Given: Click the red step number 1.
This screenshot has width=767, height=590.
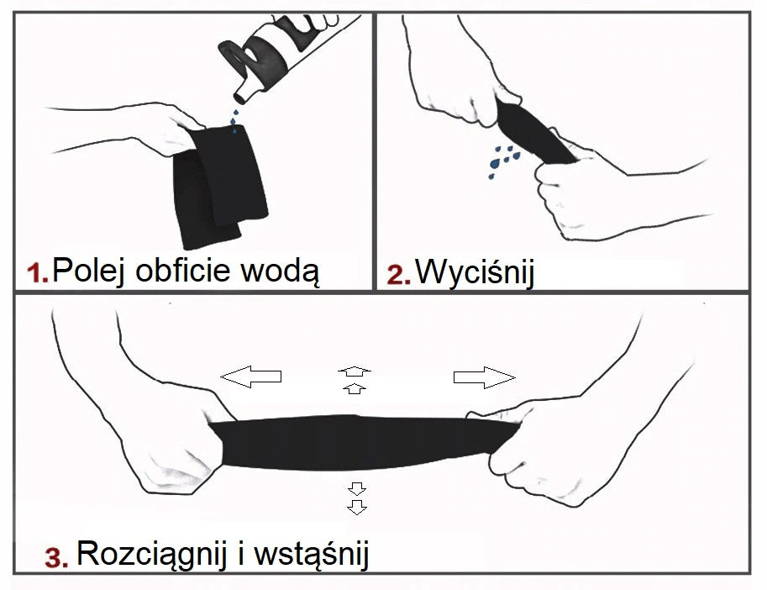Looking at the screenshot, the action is tap(37, 273).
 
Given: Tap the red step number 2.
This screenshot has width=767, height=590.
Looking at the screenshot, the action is tap(398, 274).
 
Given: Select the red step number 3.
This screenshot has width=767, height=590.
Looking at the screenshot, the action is tap(57, 557).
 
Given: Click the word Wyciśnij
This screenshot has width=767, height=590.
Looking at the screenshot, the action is tap(475, 271).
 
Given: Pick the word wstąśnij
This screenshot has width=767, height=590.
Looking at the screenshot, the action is tap(311, 555).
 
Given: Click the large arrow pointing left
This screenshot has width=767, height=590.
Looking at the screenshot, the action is tap(251, 377).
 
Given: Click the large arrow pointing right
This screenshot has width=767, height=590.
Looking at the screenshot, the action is tap(484, 377).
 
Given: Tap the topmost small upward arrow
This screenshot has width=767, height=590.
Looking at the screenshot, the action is tap(355, 371).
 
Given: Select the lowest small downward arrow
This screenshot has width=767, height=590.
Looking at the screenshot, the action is tap(357, 508).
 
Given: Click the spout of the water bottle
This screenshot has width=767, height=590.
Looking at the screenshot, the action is tap(243, 93).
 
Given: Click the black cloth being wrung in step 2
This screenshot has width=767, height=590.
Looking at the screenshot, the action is tap(534, 132).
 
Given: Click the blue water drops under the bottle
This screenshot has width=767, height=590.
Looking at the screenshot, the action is tap(234, 120).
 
